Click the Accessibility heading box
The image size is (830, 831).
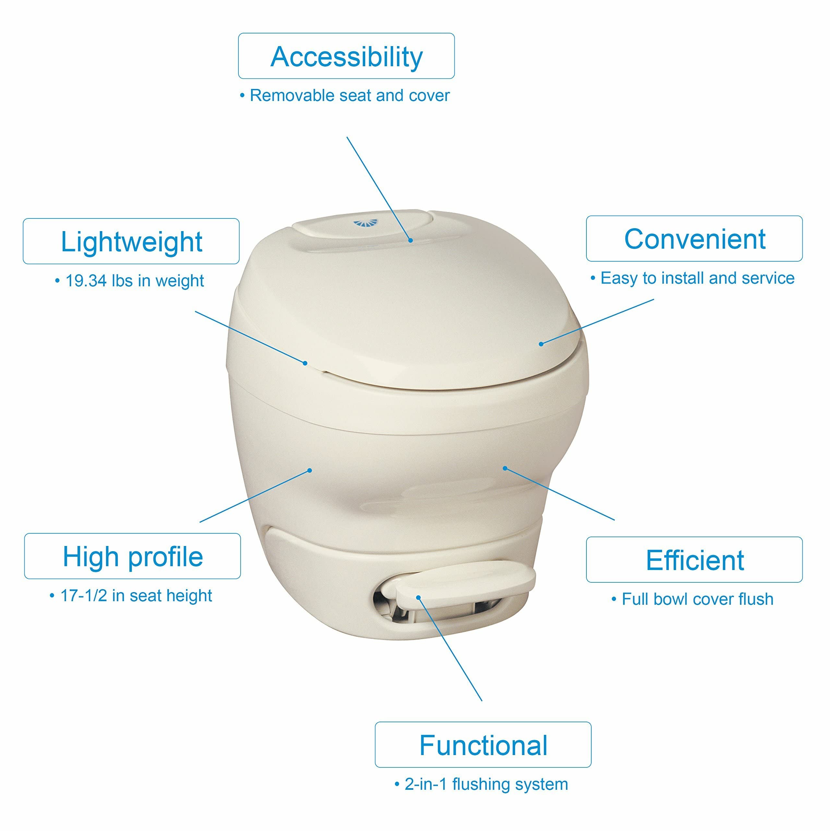(346, 56)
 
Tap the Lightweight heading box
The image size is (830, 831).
(131, 241)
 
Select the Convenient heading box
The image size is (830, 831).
(694, 239)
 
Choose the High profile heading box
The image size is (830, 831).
(132, 556)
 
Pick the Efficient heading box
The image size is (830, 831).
(694, 560)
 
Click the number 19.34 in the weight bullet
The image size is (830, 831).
(86, 281)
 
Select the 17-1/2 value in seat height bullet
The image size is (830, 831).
(83, 596)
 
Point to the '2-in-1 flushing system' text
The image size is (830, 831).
(486, 784)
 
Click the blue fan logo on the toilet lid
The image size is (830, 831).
(365, 223)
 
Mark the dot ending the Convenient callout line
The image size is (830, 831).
(541, 344)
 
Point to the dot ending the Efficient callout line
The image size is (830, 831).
(505, 468)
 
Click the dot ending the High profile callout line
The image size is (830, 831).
(310, 471)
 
